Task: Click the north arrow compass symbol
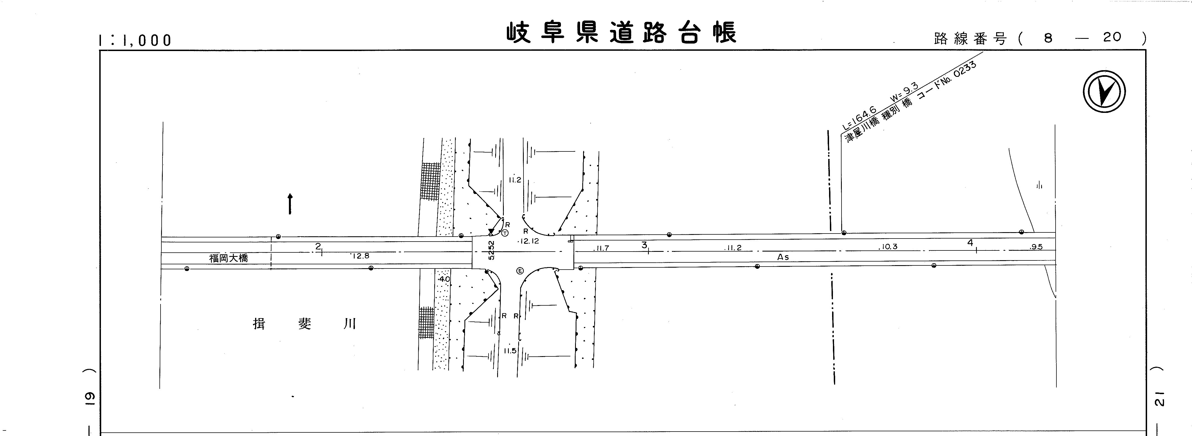coord(1104,92)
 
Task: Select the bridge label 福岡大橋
coord(228,258)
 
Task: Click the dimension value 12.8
coord(360,255)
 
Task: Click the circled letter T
coord(505,232)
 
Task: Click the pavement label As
coord(783,257)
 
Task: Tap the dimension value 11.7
coord(602,248)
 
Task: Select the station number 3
coord(644,245)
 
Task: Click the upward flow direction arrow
coord(290,204)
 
